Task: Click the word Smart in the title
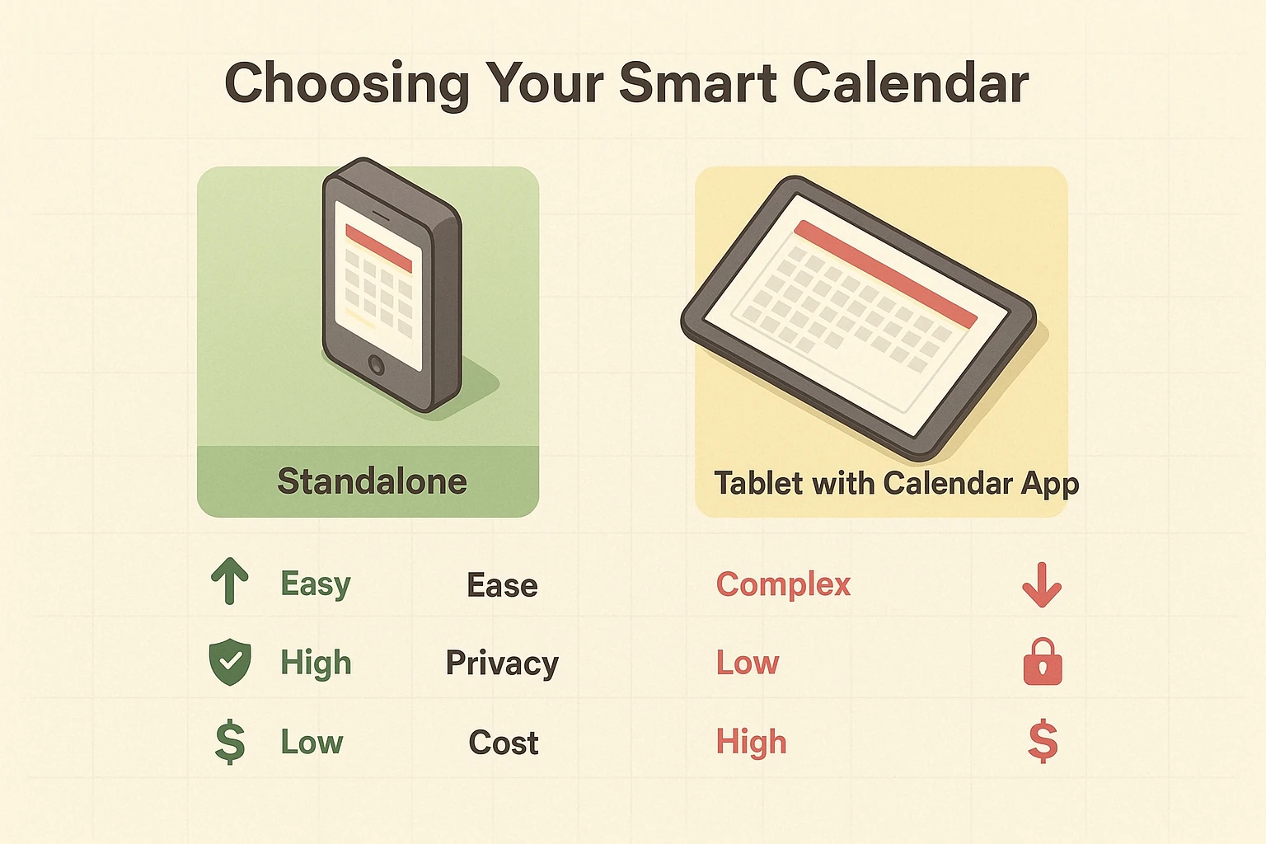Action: tap(697, 82)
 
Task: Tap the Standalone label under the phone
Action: tap(372, 481)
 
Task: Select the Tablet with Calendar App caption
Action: tap(896, 484)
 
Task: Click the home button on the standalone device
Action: tap(377, 363)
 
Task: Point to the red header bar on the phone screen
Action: tap(378, 247)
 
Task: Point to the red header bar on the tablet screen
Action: tap(885, 273)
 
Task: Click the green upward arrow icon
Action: tap(230, 581)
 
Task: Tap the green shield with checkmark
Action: tap(230, 663)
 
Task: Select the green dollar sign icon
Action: tap(230, 742)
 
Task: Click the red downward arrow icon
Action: tap(1042, 584)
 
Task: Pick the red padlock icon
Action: tap(1043, 662)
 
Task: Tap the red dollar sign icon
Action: tap(1043, 741)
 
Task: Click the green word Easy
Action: tap(316, 584)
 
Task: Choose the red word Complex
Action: tap(783, 584)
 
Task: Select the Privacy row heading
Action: tap(502, 663)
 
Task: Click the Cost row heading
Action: tap(504, 743)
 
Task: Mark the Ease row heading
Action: tap(502, 586)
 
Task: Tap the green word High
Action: tap(316, 663)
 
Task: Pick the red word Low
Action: tap(747, 663)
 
